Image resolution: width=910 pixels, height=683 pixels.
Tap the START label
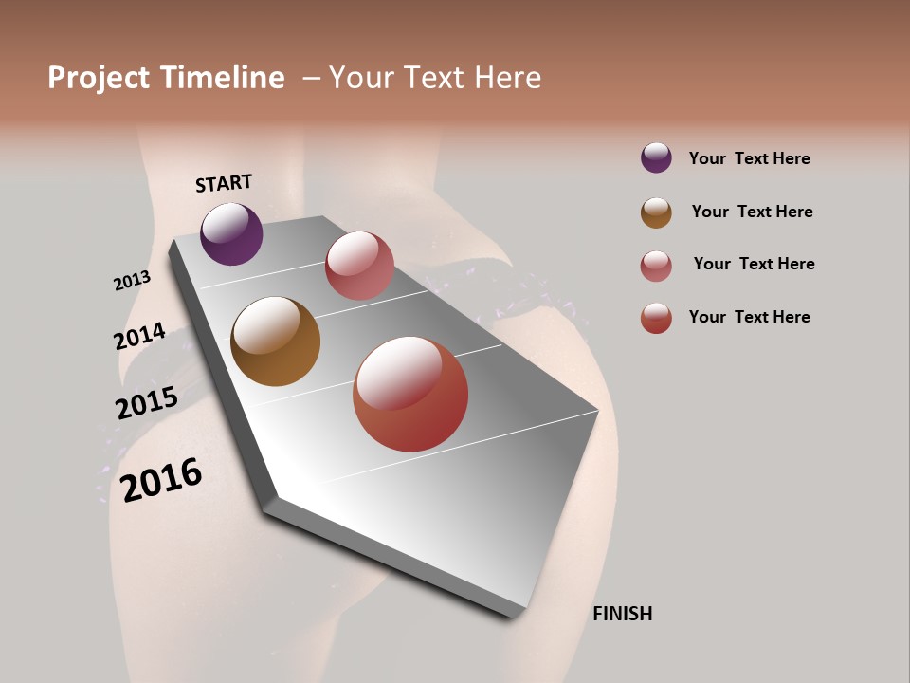coord(224,183)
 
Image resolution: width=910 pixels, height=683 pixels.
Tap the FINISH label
coord(623,614)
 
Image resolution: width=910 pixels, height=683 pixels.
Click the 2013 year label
coord(132,281)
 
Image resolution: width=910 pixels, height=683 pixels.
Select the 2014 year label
coord(139,336)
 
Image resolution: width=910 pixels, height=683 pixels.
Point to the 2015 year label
coord(147,403)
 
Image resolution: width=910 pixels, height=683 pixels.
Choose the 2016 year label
coord(161,479)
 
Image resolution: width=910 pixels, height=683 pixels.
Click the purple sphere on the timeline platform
coord(231,233)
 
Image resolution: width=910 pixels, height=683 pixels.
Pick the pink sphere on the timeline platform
coord(359,266)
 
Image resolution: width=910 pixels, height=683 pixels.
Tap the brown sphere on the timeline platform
coord(275,341)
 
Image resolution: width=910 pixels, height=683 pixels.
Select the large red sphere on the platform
coord(410,394)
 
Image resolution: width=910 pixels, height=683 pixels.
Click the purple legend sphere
coord(656,157)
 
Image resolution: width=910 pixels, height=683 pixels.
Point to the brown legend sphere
coord(656,212)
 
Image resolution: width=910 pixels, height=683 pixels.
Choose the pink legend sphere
coord(656,266)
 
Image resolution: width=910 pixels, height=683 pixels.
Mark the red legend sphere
coord(656,318)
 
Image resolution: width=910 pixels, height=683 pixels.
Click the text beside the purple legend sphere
coord(749,158)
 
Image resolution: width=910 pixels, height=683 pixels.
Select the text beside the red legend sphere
coord(749,317)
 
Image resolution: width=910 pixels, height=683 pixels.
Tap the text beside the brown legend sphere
coord(752,212)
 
